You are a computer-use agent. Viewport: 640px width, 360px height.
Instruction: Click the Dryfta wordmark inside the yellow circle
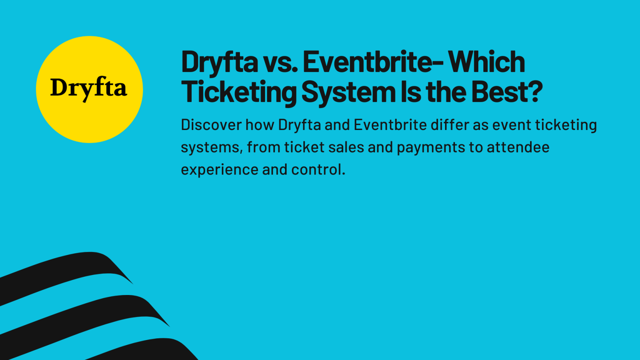[88, 88]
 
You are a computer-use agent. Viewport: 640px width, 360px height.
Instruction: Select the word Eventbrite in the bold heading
[367, 62]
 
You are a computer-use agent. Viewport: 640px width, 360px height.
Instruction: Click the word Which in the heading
[486, 62]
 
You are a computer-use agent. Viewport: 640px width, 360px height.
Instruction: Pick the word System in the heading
[348, 92]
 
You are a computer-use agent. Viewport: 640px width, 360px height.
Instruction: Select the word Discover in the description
[211, 125]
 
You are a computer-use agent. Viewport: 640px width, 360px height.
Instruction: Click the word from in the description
[263, 147]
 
